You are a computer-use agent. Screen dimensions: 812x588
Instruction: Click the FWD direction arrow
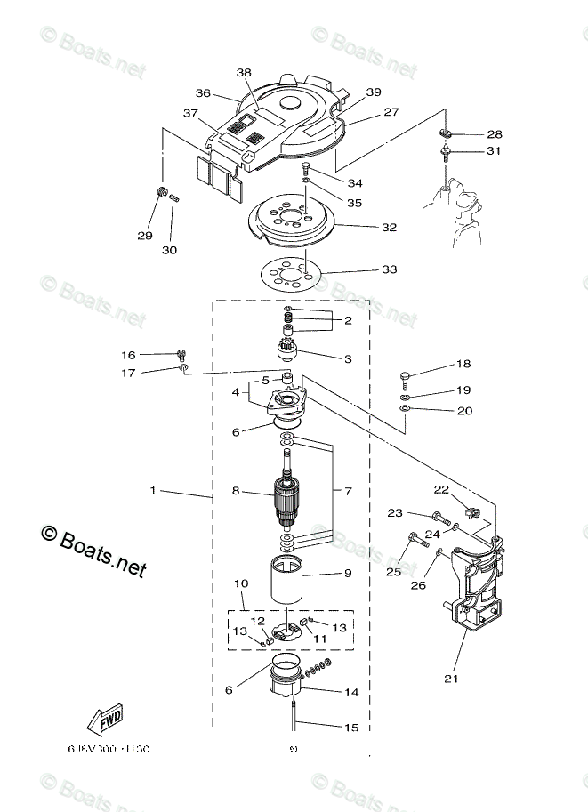tap(105, 718)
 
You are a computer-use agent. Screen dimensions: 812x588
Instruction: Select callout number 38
tap(244, 73)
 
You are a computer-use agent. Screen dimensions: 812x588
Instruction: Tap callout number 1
tap(153, 490)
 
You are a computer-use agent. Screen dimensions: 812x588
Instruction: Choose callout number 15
tap(351, 728)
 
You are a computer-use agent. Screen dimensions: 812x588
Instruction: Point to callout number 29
tap(144, 236)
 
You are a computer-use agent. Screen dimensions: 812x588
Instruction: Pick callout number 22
tap(441, 489)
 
